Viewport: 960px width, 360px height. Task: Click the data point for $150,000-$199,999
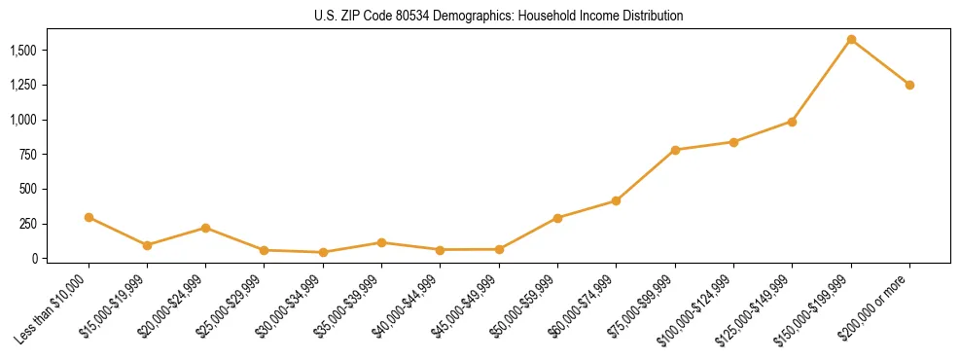pos(851,40)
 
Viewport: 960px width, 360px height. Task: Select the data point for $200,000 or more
pos(909,85)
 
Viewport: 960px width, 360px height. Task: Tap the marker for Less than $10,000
pos(89,217)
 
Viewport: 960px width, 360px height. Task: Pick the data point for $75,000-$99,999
pos(675,150)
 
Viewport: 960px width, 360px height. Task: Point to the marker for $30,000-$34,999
pos(323,252)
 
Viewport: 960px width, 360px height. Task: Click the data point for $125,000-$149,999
pos(792,122)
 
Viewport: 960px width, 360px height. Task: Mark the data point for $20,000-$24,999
pos(205,228)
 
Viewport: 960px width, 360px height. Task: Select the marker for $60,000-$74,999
pos(616,200)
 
